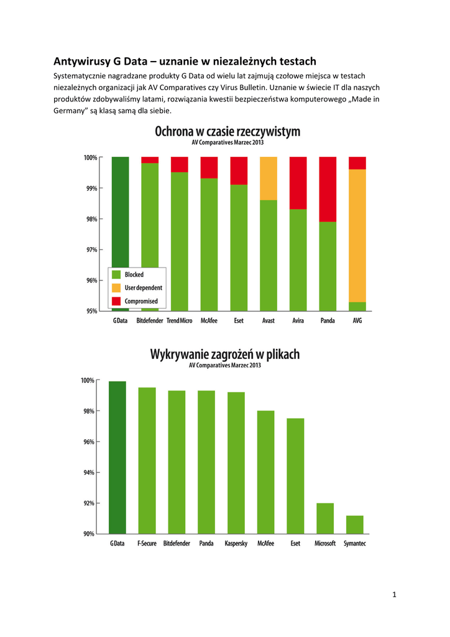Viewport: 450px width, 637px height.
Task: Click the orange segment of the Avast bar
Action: (x=269, y=178)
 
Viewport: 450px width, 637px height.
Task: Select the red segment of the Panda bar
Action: (x=328, y=189)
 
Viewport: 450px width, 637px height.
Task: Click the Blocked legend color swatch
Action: (x=116, y=274)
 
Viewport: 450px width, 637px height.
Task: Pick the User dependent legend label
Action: (x=144, y=288)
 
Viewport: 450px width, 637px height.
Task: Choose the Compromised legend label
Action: (x=141, y=301)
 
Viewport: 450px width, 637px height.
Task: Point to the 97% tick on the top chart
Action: (x=90, y=249)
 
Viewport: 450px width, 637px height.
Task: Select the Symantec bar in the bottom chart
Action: (x=355, y=524)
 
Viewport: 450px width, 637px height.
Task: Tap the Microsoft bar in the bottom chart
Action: (x=325, y=518)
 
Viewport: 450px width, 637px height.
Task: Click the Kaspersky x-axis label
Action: (x=236, y=544)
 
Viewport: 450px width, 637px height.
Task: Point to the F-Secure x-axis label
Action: (x=147, y=544)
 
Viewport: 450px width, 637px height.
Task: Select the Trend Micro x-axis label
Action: (x=179, y=321)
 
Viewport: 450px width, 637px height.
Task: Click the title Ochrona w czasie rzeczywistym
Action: (x=227, y=132)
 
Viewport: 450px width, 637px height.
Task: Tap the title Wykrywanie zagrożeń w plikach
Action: (x=224, y=355)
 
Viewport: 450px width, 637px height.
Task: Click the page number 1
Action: (x=394, y=595)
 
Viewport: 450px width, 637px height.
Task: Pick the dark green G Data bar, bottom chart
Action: (x=117, y=457)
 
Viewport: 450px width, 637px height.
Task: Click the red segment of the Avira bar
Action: (x=298, y=183)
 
